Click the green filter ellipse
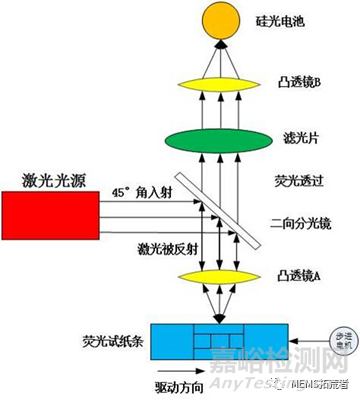click(x=217, y=135)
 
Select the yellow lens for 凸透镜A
click(x=216, y=276)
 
